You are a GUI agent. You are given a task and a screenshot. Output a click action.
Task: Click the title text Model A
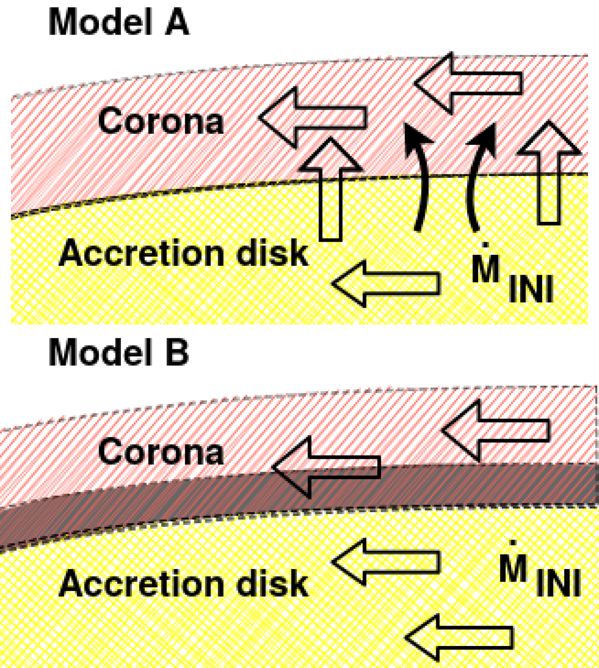(x=119, y=23)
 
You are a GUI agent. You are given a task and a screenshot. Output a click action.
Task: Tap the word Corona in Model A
(x=161, y=121)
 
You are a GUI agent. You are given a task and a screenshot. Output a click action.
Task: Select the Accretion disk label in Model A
(x=184, y=253)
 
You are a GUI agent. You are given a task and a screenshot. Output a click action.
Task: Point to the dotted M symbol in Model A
(x=486, y=268)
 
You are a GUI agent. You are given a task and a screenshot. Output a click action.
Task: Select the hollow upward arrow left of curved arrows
(x=330, y=190)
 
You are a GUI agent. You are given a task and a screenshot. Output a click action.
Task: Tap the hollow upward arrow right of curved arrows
(x=549, y=172)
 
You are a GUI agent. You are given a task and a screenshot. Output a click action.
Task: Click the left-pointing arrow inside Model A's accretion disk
(x=386, y=283)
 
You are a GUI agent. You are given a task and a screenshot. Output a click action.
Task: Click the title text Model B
(x=119, y=353)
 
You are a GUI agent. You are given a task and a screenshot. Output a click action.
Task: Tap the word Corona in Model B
(x=161, y=452)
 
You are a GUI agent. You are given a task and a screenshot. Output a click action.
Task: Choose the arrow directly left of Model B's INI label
(x=386, y=562)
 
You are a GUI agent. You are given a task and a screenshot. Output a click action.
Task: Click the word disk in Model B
(x=272, y=584)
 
